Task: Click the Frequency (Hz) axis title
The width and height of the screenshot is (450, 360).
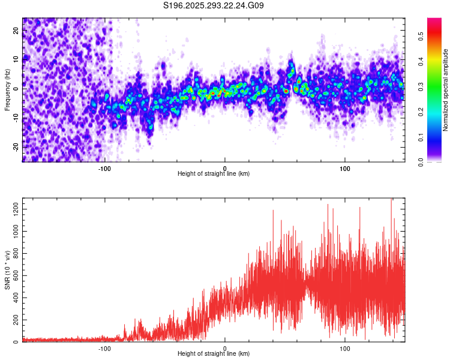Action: pyautogui.click(x=7, y=90)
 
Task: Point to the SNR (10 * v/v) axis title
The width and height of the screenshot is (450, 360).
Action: pyautogui.click(x=7, y=271)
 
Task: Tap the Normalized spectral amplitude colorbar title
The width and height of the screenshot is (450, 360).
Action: pyautogui.click(x=446, y=90)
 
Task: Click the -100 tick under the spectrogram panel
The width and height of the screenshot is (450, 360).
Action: pyautogui.click(x=104, y=168)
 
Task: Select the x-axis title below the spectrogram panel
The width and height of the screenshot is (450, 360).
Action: pyautogui.click(x=214, y=174)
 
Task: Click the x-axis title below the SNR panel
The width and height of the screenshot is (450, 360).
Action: pyautogui.click(x=214, y=354)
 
